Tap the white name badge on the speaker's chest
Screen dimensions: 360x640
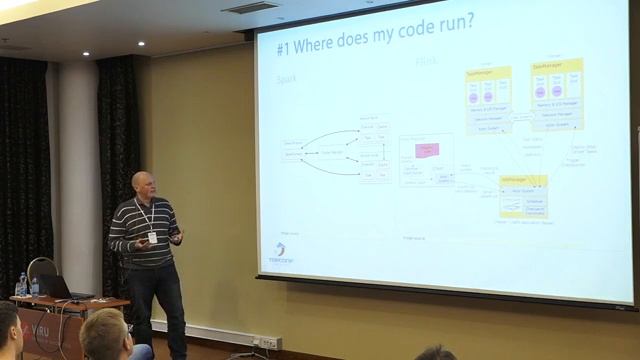pos(152,237)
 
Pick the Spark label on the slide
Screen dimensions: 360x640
pos(287,77)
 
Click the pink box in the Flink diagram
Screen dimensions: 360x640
pos(427,150)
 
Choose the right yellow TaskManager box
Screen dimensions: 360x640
pos(556,94)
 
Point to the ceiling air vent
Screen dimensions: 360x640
pos(249,8)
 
